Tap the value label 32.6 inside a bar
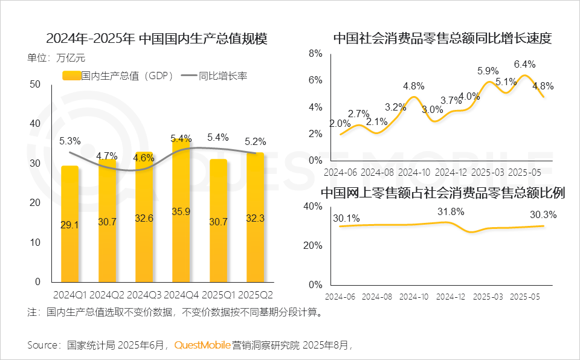pos(144,218)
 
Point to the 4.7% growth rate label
pos(107,156)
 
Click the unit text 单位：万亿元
pos(57,59)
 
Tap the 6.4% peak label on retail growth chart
pos(524,64)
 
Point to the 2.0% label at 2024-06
pos(339,123)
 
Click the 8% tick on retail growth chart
pos(315,53)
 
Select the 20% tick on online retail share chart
pos(313,245)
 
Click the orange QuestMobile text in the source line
pos(202,346)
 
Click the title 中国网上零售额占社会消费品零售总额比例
pos(443,193)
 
